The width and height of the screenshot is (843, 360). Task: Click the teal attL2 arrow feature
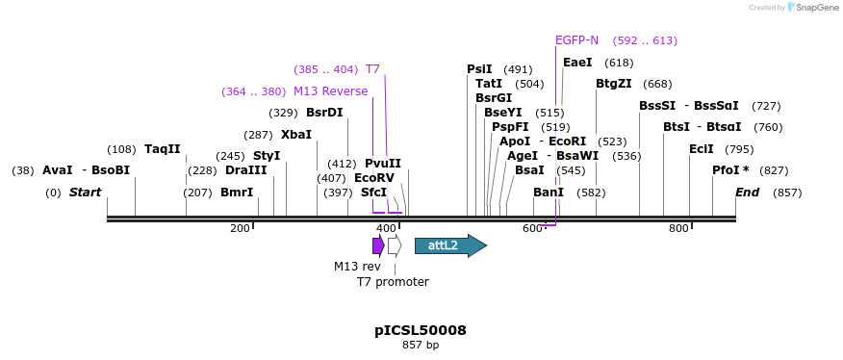pos(449,245)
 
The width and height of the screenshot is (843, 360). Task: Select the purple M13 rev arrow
pos(378,245)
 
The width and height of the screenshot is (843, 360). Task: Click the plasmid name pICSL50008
pos(421,330)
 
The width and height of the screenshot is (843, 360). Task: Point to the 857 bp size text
pos(421,345)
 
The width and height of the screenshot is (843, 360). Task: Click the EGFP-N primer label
pos(576,40)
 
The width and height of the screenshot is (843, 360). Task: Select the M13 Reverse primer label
pos(330,91)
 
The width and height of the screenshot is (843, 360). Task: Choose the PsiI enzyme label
pos(479,69)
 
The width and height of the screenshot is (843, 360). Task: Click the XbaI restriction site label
pos(296,135)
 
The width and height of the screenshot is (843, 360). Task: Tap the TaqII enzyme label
pos(162,149)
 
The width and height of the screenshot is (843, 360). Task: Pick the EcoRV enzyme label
pos(374,178)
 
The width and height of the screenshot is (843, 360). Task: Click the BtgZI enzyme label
pos(613,84)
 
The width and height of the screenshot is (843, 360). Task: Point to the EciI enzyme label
pos(702,149)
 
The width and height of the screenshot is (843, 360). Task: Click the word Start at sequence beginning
pos(85,193)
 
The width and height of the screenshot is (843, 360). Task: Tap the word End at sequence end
pos(747,193)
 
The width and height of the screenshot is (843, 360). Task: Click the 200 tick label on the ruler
pos(240,228)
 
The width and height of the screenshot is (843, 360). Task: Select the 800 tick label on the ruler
pos(678,228)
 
